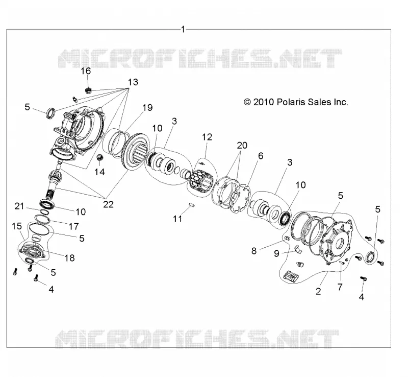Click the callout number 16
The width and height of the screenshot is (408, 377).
tap(86, 71)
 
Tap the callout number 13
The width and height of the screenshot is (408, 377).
tap(133, 82)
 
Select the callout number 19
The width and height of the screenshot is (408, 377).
tap(147, 107)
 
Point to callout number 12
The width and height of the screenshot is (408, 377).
tap(207, 137)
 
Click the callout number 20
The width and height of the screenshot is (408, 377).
tap(242, 145)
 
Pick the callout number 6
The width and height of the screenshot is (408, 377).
tap(261, 156)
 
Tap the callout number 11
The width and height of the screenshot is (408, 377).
tap(177, 219)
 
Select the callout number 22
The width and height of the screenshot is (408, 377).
tap(108, 204)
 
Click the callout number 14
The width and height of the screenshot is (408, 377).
tap(99, 172)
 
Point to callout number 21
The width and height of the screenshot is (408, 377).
tap(19, 206)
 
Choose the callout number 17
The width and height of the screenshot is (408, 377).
tap(73, 226)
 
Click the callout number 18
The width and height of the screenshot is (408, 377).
tap(69, 258)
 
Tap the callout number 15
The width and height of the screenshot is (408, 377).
tap(17, 226)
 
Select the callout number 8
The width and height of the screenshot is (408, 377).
tap(254, 251)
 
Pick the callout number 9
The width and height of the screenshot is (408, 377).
tap(277, 253)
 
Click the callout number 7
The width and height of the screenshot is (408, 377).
tap(340, 287)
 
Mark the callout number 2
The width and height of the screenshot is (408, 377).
tap(318, 291)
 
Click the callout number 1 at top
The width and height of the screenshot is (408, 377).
tap(183, 29)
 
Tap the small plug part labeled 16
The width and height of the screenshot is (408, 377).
tap(89, 90)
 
